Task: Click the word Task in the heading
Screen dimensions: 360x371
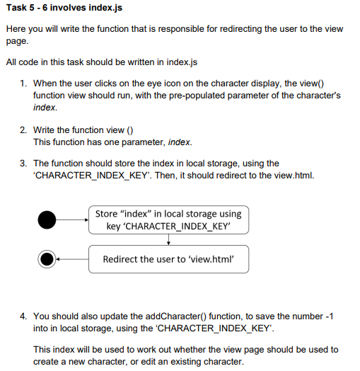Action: pyautogui.click(x=16, y=9)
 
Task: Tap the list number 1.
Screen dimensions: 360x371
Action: pyautogui.click(x=24, y=83)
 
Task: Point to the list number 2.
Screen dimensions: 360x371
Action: pyautogui.click(x=24, y=130)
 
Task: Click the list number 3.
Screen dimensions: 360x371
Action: pyautogui.click(x=24, y=163)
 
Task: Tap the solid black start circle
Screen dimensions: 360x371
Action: pyautogui.click(x=47, y=219)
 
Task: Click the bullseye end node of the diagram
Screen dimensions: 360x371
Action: pyautogui.click(x=47, y=259)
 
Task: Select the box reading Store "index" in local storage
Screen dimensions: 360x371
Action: pyautogui.click(x=168, y=219)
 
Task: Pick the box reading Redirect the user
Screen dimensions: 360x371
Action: pyautogui.click(x=168, y=259)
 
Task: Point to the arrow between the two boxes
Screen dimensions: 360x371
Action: pyautogui.click(x=168, y=240)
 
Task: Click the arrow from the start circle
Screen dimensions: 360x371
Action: pyautogui.click(x=72, y=219)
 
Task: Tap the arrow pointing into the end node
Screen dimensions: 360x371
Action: pyautogui.click(x=72, y=259)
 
